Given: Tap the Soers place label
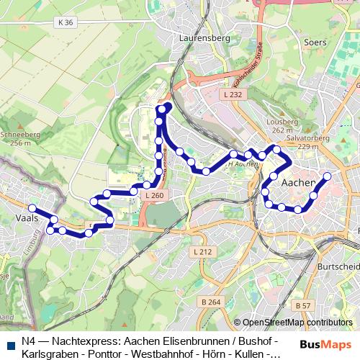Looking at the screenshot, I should (315, 42).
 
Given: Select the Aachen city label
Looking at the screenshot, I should (298, 183).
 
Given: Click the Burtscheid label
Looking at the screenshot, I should (338, 266).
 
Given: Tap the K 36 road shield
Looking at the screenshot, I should (64, 23).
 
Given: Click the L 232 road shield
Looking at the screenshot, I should (233, 95).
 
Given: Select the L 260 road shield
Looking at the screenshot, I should (154, 195).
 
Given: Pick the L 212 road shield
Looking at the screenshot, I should (203, 251).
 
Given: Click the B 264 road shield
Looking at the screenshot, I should (210, 301).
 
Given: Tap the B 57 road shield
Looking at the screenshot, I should (302, 305).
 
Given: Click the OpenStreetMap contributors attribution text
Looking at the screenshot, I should (297, 323).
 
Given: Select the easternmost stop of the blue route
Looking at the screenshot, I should (327, 176).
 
